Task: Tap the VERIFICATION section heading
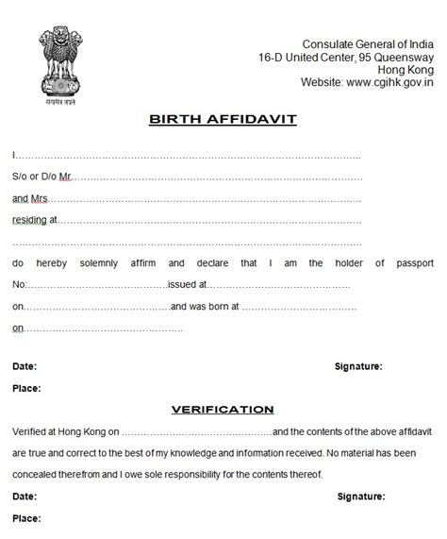point(223,409)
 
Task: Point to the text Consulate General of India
point(368,44)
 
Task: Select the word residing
point(30,220)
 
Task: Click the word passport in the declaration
point(411,262)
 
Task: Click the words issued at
point(186,284)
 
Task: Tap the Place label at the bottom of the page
point(25,517)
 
